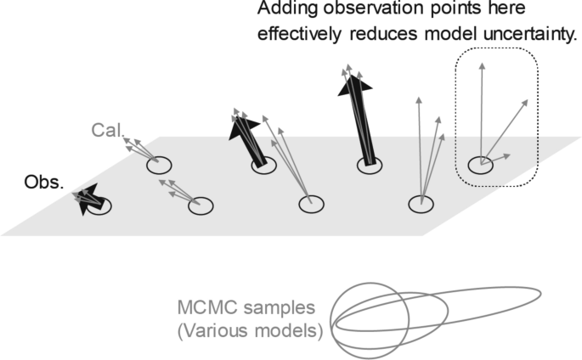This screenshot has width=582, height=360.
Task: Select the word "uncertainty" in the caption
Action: [x=528, y=37]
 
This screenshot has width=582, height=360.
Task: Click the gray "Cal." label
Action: [x=108, y=132]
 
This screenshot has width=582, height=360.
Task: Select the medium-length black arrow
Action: [x=246, y=139]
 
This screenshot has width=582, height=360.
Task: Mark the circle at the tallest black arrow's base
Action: [x=370, y=166]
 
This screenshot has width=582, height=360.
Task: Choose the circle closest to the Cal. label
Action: [x=159, y=165]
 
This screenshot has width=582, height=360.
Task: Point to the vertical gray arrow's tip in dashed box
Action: [x=482, y=63]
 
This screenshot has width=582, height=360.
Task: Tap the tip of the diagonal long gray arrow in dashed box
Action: [x=525, y=101]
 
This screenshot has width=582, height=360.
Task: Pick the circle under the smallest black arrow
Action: [x=99, y=205]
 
